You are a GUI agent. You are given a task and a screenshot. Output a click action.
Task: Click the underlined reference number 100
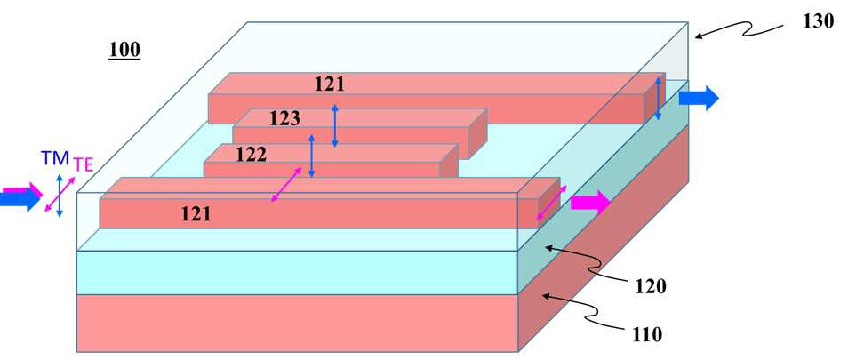tap(124, 50)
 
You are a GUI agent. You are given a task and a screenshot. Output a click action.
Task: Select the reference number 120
tap(647, 287)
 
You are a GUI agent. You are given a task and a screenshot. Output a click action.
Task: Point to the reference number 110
tap(647, 334)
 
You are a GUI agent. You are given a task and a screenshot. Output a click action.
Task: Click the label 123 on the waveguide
tap(284, 118)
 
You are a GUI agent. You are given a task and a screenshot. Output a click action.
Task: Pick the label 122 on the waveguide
tap(251, 156)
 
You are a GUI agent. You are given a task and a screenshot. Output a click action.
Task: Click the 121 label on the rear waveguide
tap(329, 84)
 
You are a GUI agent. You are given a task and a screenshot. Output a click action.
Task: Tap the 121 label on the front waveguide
tap(196, 215)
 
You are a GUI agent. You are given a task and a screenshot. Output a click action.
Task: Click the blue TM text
tap(56, 158)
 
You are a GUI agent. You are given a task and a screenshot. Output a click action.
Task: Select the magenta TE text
tap(82, 162)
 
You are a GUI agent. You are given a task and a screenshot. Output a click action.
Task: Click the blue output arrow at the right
tap(699, 98)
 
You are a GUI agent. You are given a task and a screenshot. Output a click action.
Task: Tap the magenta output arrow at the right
tap(590, 203)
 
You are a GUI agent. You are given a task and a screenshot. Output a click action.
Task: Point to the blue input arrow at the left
tap(20, 199)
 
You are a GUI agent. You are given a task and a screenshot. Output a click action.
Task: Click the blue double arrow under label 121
tap(335, 125)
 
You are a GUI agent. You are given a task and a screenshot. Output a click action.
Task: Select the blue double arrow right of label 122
tap(311, 156)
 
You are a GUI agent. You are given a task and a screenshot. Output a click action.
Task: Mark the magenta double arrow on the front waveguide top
tap(286, 185)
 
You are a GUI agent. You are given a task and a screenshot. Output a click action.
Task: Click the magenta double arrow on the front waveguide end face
tap(552, 203)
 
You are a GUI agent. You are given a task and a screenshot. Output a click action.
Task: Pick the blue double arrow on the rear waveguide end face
tap(658, 98)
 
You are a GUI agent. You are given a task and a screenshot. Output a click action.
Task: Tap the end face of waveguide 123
tap(477, 134)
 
